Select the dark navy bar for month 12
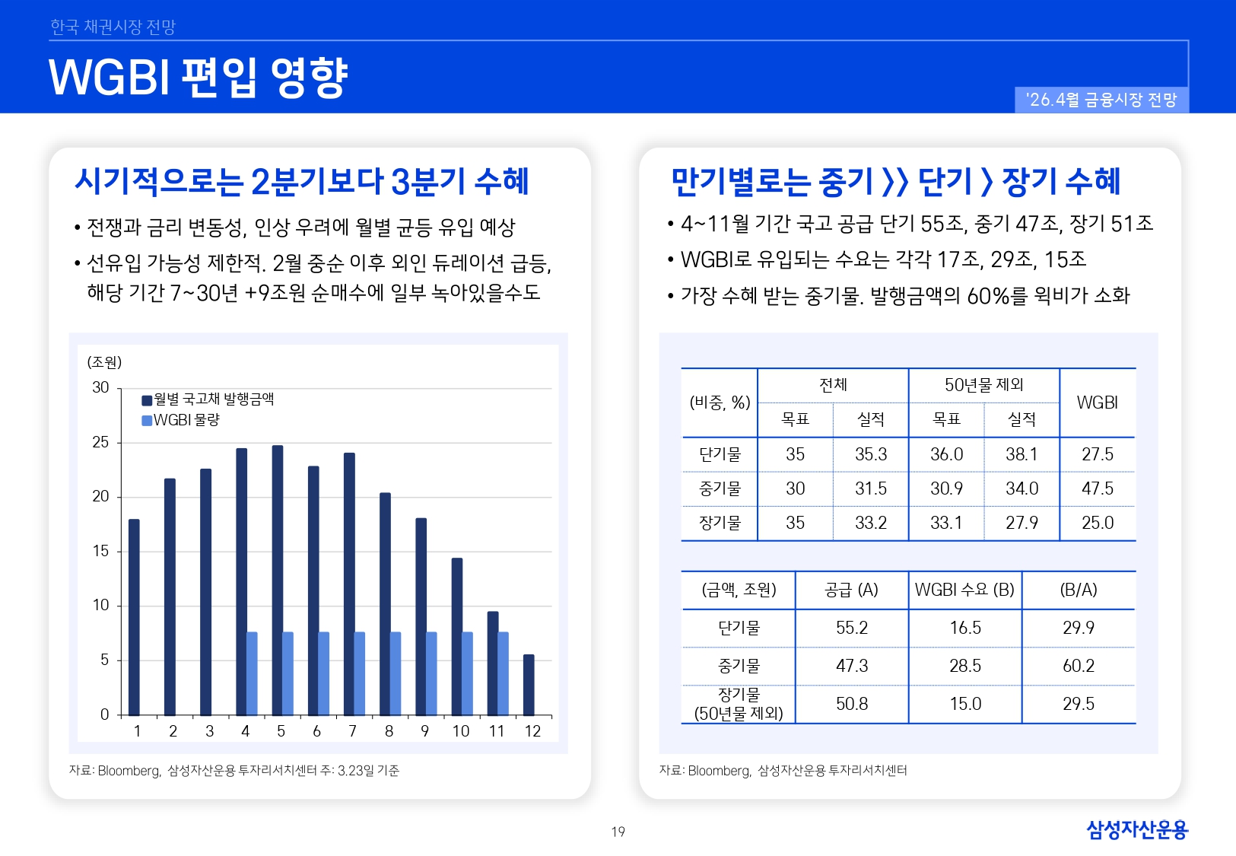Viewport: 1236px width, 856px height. click(529, 685)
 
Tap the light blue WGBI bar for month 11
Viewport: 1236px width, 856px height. click(504, 673)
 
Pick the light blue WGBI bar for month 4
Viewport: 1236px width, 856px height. click(252, 673)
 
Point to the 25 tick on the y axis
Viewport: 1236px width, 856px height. click(100, 442)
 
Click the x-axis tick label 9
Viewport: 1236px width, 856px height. click(424, 731)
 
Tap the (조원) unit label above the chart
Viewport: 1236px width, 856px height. click(104, 362)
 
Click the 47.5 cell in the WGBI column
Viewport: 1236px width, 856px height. click(1097, 488)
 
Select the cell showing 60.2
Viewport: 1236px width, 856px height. click(1078, 666)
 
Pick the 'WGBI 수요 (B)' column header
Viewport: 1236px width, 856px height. click(964, 590)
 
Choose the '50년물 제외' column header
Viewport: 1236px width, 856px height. click(983, 385)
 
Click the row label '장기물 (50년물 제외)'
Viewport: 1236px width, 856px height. click(739, 704)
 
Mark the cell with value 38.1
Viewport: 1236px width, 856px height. click(1022, 454)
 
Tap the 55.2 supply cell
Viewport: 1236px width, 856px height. click(851, 628)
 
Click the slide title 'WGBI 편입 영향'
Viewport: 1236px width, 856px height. click(199, 78)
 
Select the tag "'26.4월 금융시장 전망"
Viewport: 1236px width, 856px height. click(1101, 100)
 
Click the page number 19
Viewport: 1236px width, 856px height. click(618, 832)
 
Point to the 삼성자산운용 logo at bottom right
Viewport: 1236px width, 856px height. click(1136, 829)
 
